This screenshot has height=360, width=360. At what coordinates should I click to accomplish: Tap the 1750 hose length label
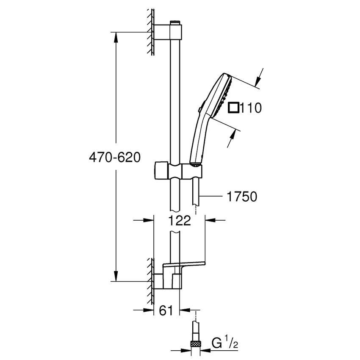241,197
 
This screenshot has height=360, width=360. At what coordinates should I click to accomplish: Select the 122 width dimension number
179,220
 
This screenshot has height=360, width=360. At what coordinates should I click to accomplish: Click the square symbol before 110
233,108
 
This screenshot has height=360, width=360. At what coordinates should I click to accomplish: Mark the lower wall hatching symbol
150,281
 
